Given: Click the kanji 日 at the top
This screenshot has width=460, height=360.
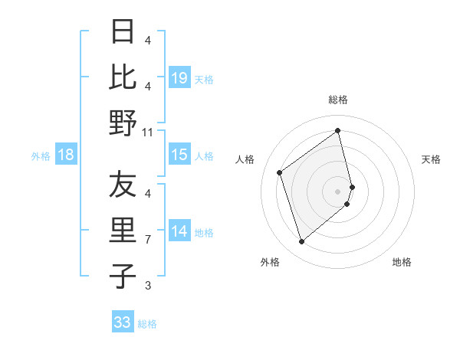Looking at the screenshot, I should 123,32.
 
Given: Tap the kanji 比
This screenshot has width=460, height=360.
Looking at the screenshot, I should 123,77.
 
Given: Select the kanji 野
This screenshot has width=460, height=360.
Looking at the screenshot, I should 123,123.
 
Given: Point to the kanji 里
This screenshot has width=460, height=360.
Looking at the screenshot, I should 123,231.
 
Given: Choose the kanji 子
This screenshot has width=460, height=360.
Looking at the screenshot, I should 123,276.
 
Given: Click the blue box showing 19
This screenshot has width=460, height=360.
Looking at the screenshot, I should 179,77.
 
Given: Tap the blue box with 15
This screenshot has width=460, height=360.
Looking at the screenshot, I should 179,155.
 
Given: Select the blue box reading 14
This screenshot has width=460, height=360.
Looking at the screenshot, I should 179,231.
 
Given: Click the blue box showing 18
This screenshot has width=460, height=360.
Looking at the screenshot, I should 66,155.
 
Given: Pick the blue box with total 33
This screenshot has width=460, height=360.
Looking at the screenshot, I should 123,322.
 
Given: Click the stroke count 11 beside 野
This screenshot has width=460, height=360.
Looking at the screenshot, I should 147,133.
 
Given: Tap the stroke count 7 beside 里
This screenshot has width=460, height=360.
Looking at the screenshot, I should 147,240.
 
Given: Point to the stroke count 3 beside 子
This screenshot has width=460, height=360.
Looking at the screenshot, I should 147,286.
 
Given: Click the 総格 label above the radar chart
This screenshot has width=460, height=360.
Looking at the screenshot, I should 338,100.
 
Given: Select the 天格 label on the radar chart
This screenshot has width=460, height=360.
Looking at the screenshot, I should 431,159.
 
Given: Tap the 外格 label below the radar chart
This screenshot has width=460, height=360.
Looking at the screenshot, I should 270,262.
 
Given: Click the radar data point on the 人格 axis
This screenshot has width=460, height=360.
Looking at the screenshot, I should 280,172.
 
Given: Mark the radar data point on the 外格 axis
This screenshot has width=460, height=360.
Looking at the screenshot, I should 302,242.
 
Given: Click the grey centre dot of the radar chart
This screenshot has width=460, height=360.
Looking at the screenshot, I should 338,191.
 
